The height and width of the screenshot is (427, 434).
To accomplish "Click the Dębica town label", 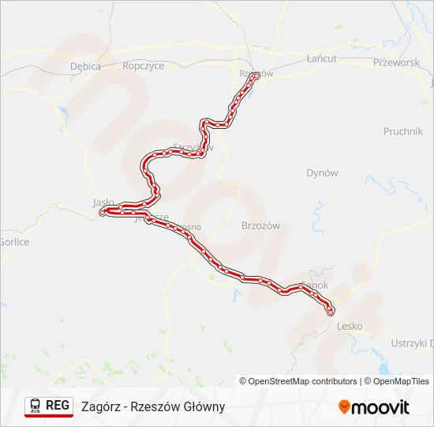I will tap(85, 66).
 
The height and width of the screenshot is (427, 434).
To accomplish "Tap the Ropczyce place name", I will tap(143, 66).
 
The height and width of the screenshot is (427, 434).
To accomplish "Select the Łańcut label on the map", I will tap(321, 59).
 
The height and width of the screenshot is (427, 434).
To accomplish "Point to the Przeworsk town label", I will tap(396, 62).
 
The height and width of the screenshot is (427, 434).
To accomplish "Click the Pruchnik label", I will tap(403, 131).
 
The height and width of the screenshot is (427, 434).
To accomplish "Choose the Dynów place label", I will tap(322, 172).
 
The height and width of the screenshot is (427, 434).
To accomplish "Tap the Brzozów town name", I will tap(260, 225).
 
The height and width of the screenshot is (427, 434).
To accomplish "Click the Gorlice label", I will tap(14, 242).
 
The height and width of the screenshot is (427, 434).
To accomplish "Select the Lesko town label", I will tap(349, 325).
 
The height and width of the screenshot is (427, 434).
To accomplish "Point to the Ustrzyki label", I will tap(411, 342).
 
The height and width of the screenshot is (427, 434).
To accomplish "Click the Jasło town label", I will tap(103, 202).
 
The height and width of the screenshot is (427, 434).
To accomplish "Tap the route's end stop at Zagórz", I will tap(330, 312).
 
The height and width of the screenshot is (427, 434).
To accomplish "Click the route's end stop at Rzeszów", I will tap(256, 77).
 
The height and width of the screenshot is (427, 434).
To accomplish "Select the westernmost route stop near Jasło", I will tap(103, 213).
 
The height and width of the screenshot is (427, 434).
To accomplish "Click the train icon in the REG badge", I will tap(36, 406).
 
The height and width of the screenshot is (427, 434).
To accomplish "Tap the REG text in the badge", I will tap(58, 406).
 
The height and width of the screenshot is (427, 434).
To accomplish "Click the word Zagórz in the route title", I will tap(100, 406).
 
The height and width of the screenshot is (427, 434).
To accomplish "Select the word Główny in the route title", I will tap(204, 406).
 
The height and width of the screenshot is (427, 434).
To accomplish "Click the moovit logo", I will tap(374, 406).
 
